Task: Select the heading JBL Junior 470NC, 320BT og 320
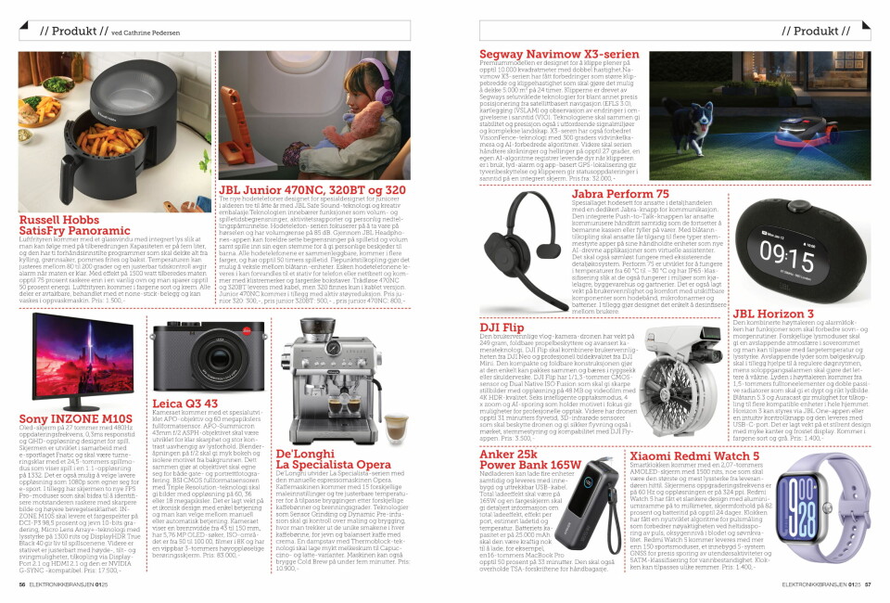coord(311,190)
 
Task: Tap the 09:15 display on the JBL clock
coord(788,251)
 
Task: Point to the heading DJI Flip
coord(502,328)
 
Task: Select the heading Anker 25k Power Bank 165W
coord(524,459)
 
